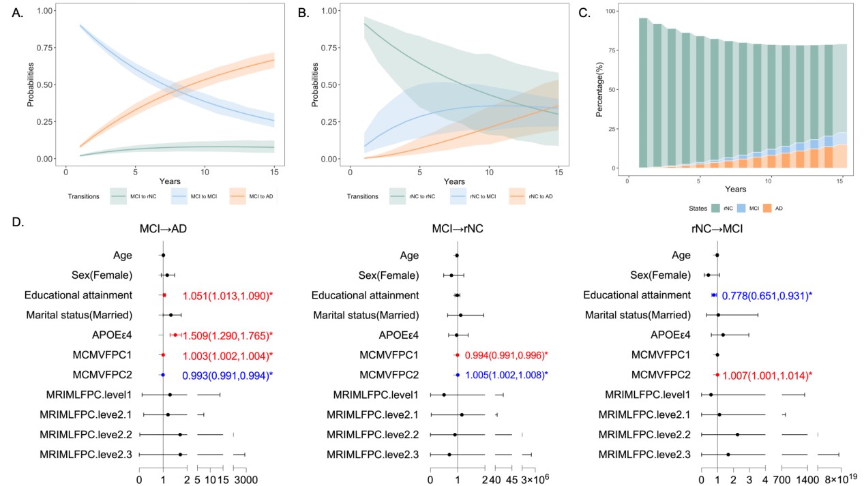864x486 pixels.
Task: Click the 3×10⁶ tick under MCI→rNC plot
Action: [535, 479]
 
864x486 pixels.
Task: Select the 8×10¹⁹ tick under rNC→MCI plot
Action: [839, 479]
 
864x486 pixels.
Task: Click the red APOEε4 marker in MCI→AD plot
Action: [175, 335]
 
